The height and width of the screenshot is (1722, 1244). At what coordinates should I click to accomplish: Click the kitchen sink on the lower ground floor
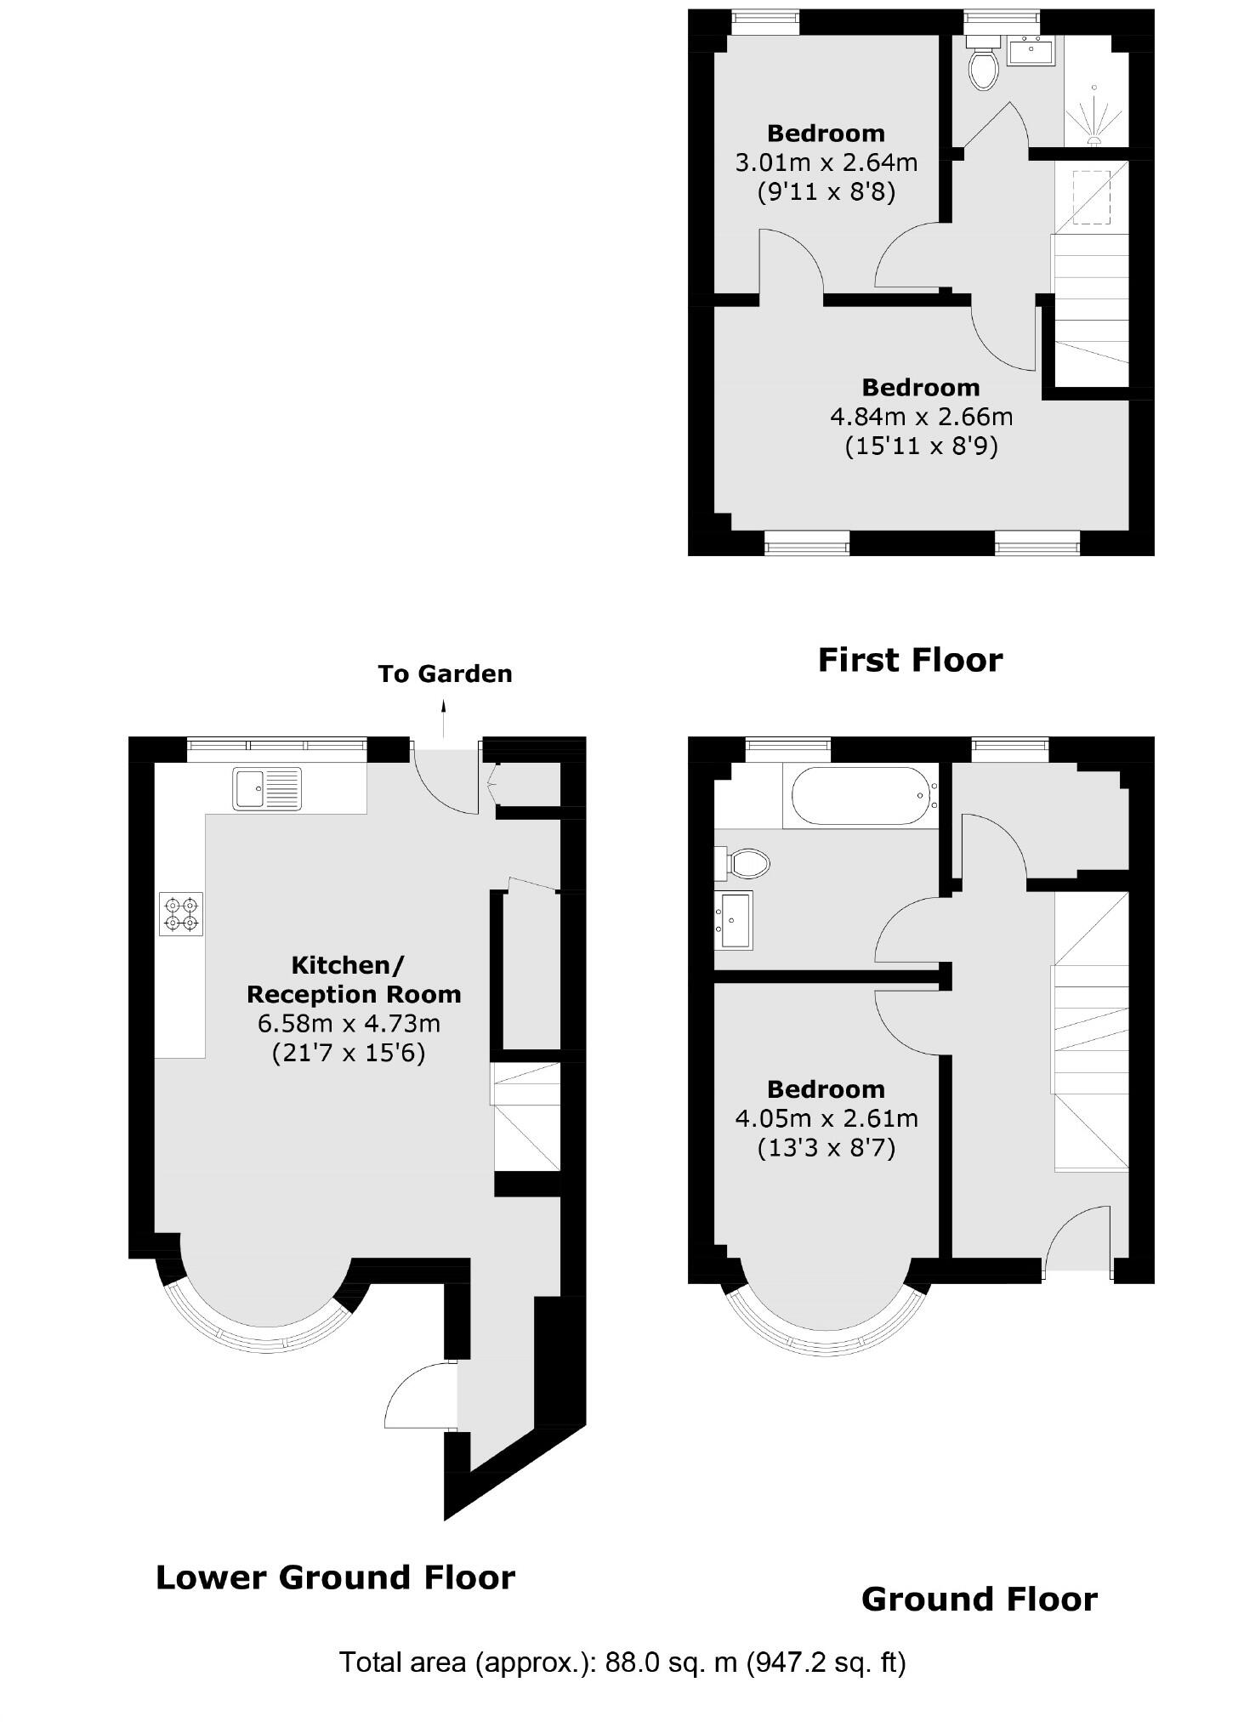click(266, 788)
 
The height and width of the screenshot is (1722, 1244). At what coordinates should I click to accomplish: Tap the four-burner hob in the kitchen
click(181, 914)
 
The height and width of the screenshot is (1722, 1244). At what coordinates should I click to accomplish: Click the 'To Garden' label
click(445, 674)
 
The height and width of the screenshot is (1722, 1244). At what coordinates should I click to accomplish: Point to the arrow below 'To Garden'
click(443, 719)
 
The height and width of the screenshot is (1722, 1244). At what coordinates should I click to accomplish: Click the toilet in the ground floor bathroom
click(746, 864)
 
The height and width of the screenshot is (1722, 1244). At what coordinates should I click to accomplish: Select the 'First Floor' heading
click(910, 660)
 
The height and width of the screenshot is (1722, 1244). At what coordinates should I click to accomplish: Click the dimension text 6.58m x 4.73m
click(349, 1023)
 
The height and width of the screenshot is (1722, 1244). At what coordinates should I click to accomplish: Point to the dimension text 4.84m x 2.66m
click(921, 417)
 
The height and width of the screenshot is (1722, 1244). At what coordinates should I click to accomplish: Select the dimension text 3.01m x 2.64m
click(826, 162)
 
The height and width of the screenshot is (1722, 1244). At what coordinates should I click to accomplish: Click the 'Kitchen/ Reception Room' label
click(353, 980)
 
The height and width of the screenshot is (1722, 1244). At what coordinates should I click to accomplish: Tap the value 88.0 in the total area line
click(631, 1662)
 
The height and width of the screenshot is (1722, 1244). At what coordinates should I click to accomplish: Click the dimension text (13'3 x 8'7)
click(826, 1149)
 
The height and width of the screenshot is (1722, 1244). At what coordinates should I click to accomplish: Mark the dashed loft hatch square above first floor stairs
click(1091, 197)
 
